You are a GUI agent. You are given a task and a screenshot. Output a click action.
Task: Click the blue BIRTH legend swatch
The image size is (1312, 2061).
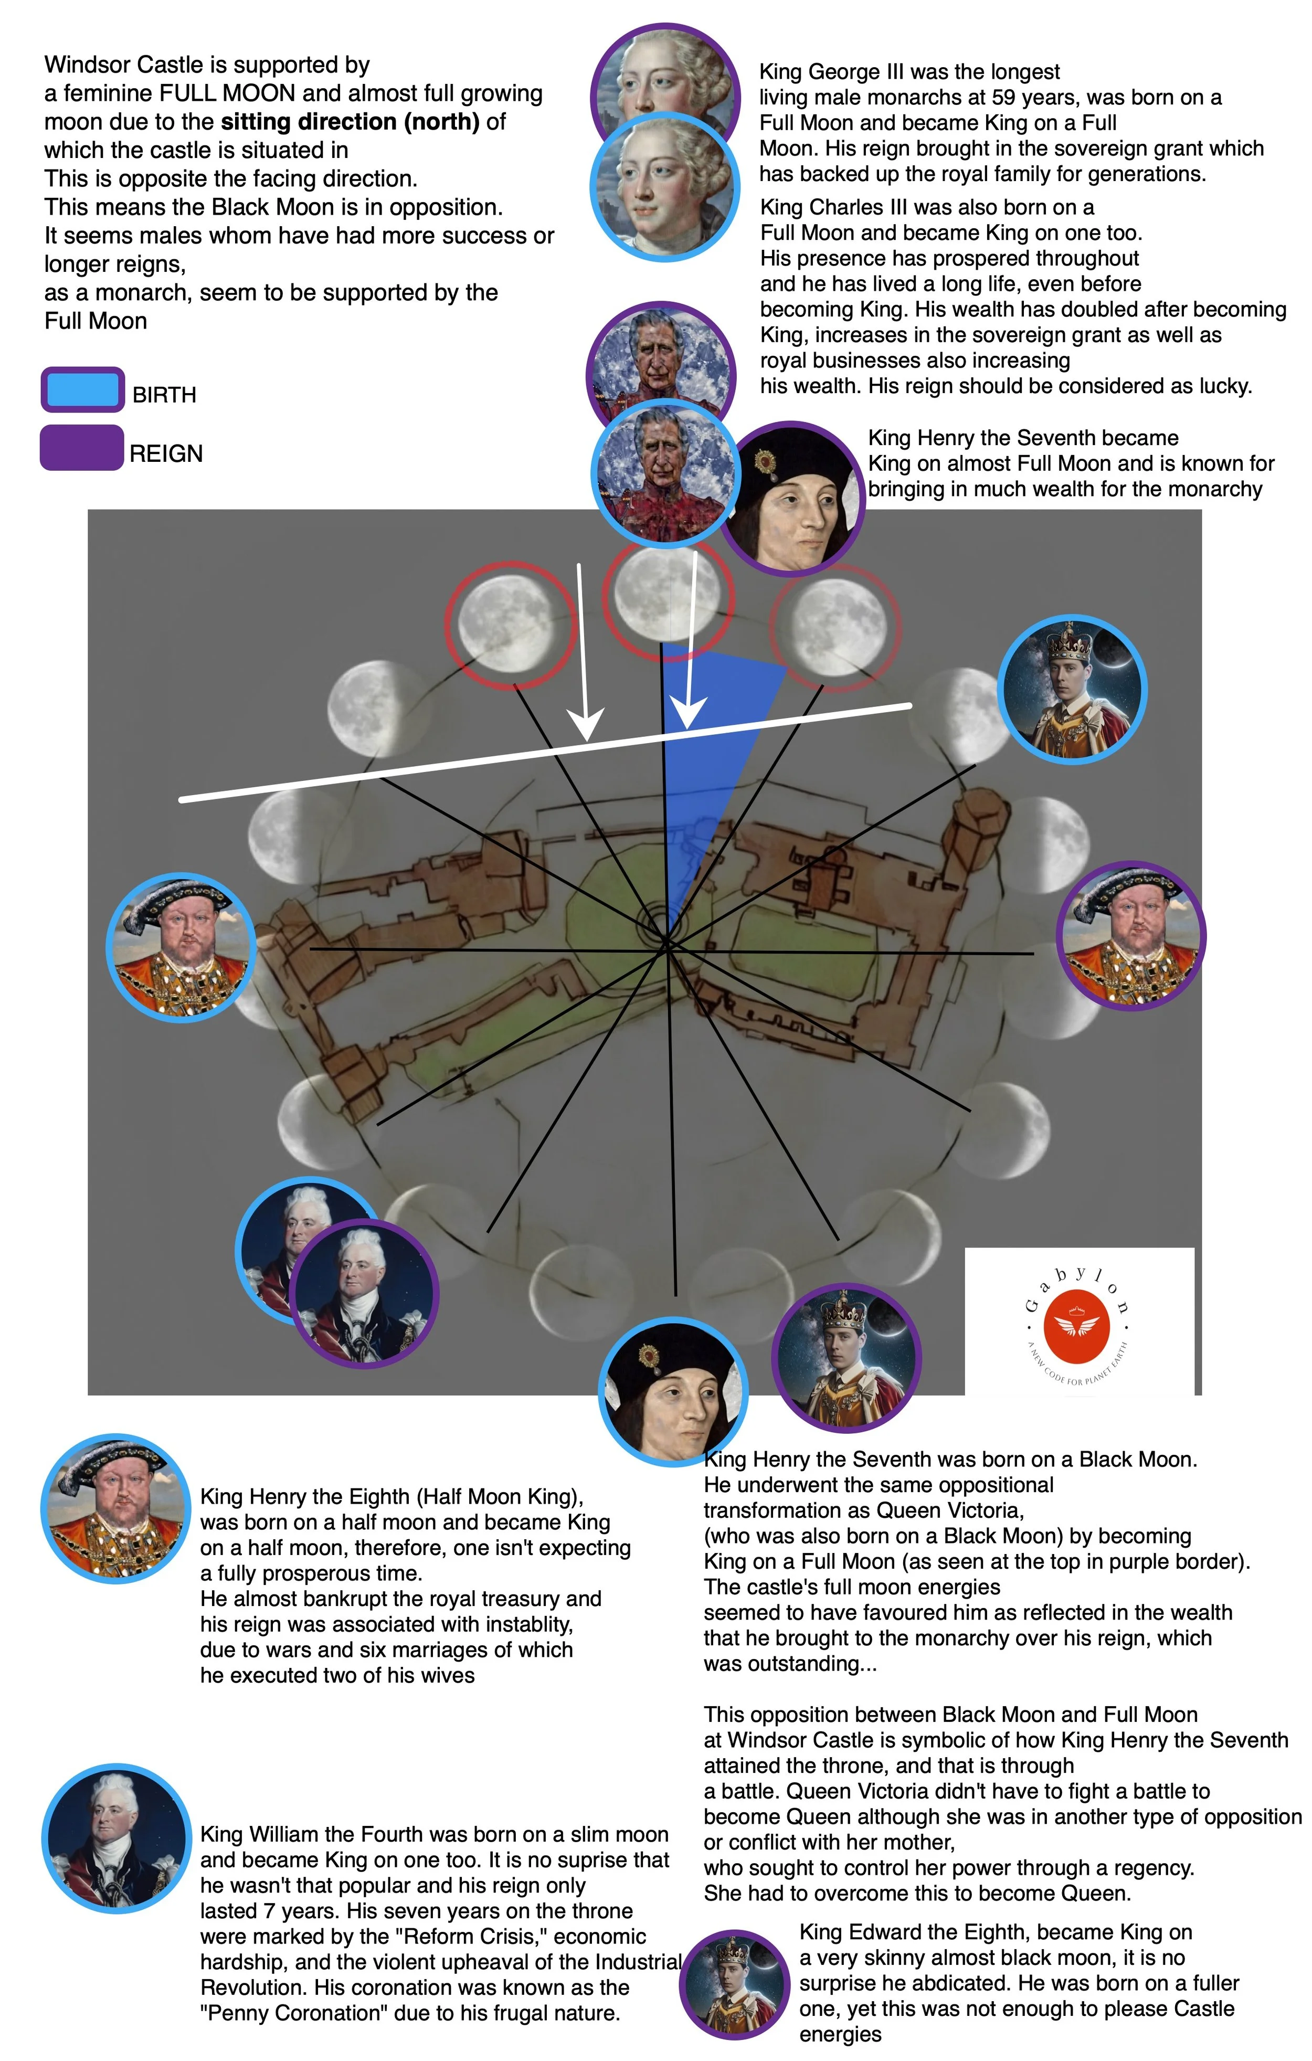coord(83,390)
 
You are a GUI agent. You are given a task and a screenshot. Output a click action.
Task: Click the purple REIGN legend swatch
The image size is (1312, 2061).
coord(82,448)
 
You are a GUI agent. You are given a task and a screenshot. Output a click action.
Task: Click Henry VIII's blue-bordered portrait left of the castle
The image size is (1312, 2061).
coord(181,948)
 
